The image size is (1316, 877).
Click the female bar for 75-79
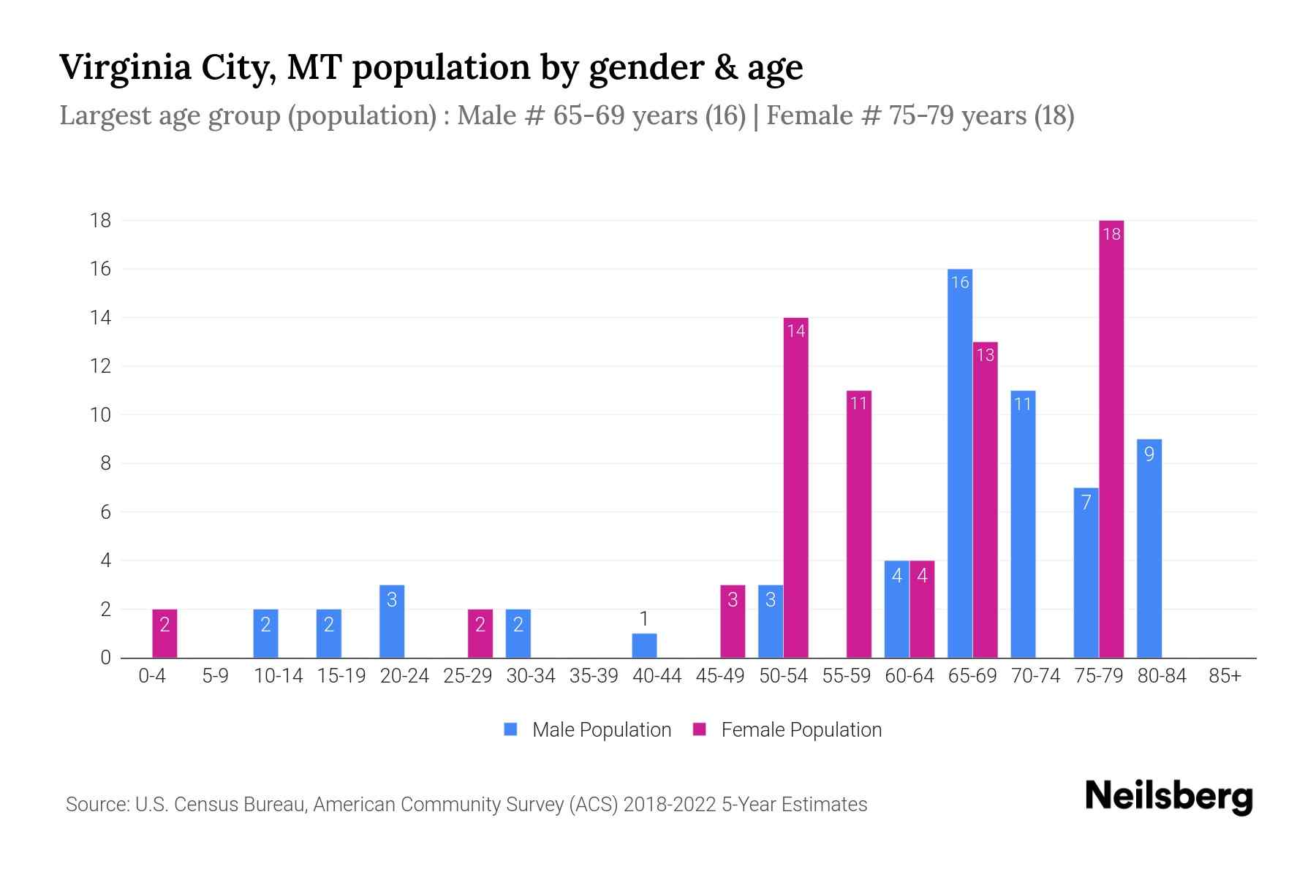pyautogui.click(x=1111, y=438)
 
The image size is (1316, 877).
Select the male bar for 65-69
pyautogui.click(x=960, y=463)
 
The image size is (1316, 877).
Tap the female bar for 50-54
pyautogui.click(x=795, y=487)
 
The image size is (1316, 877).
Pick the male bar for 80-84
pyautogui.click(x=1149, y=548)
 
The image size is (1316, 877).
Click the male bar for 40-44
pyautogui.click(x=644, y=645)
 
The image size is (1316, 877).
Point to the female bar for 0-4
pyautogui.click(x=164, y=633)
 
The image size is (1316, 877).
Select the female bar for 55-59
pyautogui.click(x=859, y=524)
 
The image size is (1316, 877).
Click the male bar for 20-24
pyautogui.click(x=392, y=621)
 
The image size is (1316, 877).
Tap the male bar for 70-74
pyautogui.click(x=1023, y=524)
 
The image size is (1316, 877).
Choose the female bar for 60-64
pyautogui.click(x=922, y=609)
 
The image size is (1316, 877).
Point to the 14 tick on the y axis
pyautogui.click(x=101, y=318)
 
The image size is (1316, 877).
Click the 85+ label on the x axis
pyautogui.click(x=1225, y=676)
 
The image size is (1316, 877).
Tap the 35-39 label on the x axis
pyautogui.click(x=594, y=676)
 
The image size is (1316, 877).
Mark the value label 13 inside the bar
pyautogui.click(x=985, y=355)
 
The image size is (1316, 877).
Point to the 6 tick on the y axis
pyautogui.click(x=105, y=512)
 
